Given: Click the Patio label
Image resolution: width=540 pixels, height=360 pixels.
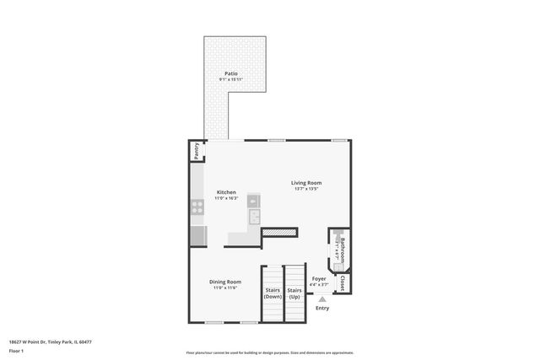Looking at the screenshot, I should pos(230,73).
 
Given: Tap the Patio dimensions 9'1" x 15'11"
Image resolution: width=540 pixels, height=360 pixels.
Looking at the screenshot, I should pos(230,80).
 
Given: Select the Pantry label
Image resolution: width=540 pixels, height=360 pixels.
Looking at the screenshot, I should pos(196,151).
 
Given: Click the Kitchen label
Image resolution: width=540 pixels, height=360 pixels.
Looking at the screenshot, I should pos(226,191).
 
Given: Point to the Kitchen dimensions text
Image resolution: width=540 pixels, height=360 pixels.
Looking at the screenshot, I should pos(226,198).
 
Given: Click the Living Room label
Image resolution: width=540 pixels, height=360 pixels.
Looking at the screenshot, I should pos(306,182).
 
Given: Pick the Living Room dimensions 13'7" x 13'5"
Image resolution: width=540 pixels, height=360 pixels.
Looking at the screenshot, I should pos(306,189).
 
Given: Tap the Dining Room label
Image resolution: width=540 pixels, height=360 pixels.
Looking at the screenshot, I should pos(226,282).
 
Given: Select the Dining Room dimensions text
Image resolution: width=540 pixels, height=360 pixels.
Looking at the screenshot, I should pos(226,288).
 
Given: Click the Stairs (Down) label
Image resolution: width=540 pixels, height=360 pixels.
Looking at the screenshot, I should pos(273,293).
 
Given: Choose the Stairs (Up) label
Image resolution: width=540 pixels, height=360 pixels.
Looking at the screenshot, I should pos(294,293).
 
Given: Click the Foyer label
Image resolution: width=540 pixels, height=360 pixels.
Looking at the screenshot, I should pos(319,278).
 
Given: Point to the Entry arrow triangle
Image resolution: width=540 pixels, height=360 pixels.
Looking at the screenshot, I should pos(321,298).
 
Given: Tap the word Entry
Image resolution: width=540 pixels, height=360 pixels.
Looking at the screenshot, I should pos(322,308).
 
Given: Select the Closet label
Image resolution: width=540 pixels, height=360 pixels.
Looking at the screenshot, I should pos(343,283).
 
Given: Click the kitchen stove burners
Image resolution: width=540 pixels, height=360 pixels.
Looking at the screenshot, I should pos(197,204).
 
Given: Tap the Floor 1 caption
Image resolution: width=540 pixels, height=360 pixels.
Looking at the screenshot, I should pos(16,350).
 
